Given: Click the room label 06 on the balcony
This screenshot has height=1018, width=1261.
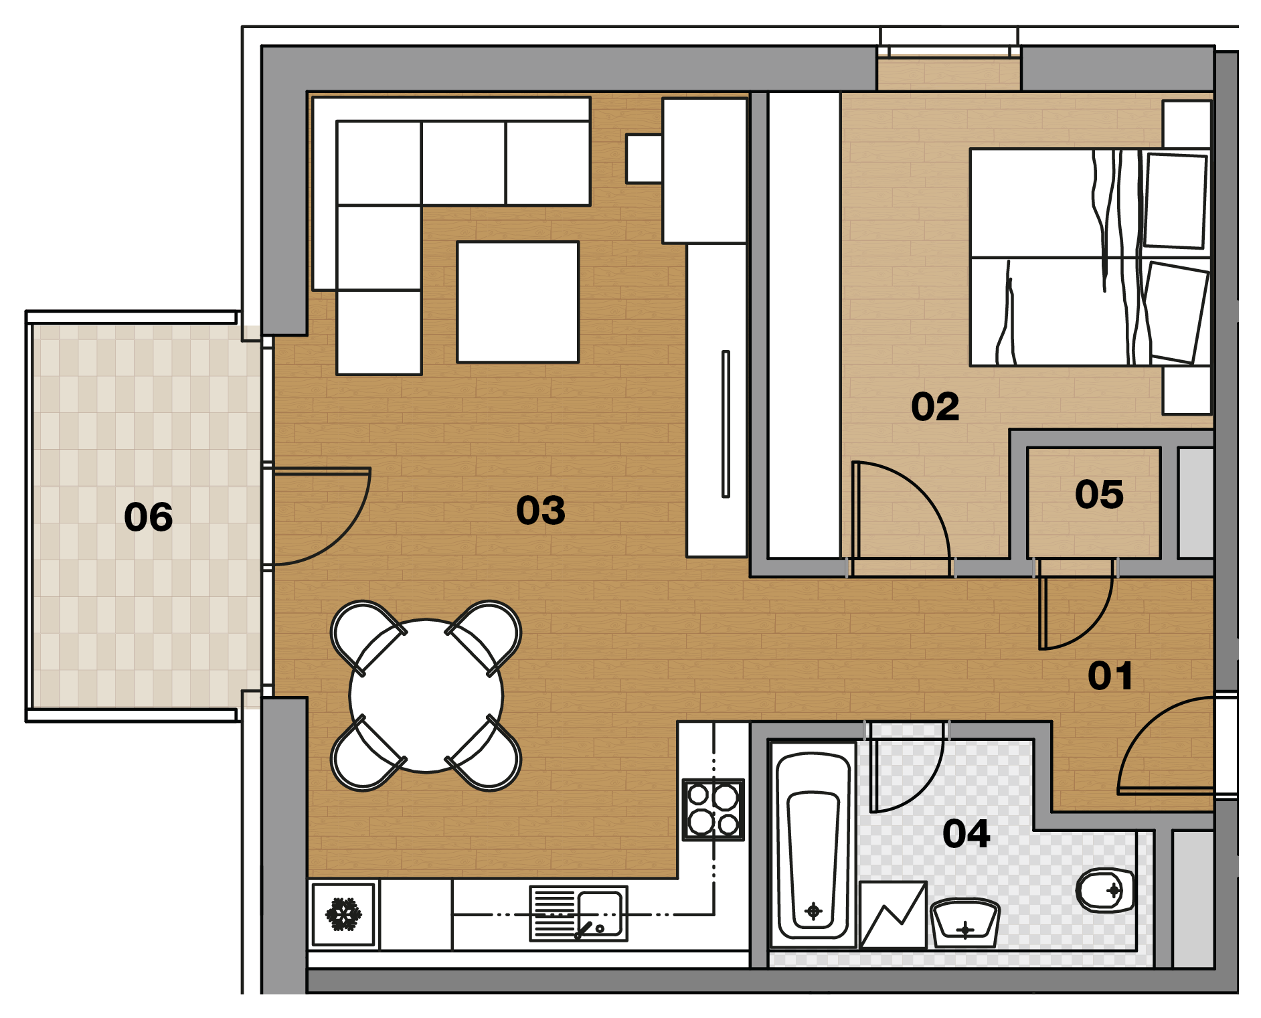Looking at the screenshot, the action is click(x=149, y=517).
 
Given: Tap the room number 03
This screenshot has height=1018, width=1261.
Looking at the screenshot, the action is click(x=541, y=510).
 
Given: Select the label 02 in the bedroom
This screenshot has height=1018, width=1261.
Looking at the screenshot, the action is click(x=935, y=406).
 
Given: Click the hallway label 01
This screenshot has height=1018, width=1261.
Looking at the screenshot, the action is click(x=1110, y=675).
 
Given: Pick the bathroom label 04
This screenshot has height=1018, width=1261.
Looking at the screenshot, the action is click(x=966, y=833).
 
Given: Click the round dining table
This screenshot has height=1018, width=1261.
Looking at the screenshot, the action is click(x=426, y=695).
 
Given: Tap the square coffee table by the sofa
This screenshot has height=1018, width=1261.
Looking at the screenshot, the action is click(x=517, y=302).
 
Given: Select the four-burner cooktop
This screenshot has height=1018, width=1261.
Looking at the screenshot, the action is click(x=713, y=809).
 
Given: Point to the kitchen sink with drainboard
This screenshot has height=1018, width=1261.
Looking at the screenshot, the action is click(x=578, y=914).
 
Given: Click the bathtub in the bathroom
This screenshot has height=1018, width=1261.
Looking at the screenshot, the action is click(x=813, y=845).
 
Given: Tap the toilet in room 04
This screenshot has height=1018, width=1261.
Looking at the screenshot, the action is click(x=1105, y=891).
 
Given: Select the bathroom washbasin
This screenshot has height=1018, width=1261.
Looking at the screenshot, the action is click(x=964, y=923).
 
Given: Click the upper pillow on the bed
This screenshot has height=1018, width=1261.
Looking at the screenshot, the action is click(x=1175, y=201).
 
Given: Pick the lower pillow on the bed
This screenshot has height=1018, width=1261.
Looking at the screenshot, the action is click(x=1175, y=313).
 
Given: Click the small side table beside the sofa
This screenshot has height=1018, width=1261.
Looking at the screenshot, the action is click(x=644, y=159).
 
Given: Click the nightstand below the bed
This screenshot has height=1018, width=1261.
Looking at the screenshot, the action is click(x=1187, y=390).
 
